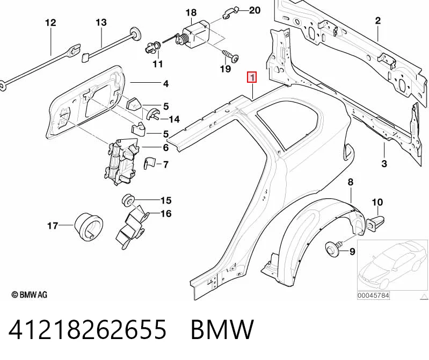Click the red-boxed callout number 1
[x=252, y=77]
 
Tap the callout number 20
[x=255, y=10]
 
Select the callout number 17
[x=53, y=226]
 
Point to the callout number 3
[x=384, y=164]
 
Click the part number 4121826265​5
[x=88, y=329]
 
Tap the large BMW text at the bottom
[x=222, y=329]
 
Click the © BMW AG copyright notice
[x=30, y=294]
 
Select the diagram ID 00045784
[x=373, y=296]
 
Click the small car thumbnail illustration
[x=392, y=265]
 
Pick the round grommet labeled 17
[x=88, y=226]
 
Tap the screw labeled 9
[x=333, y=247]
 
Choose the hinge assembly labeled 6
[x=121, y=162]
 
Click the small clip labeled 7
[x=149, y=163]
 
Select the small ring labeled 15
[x=128, y=200]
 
